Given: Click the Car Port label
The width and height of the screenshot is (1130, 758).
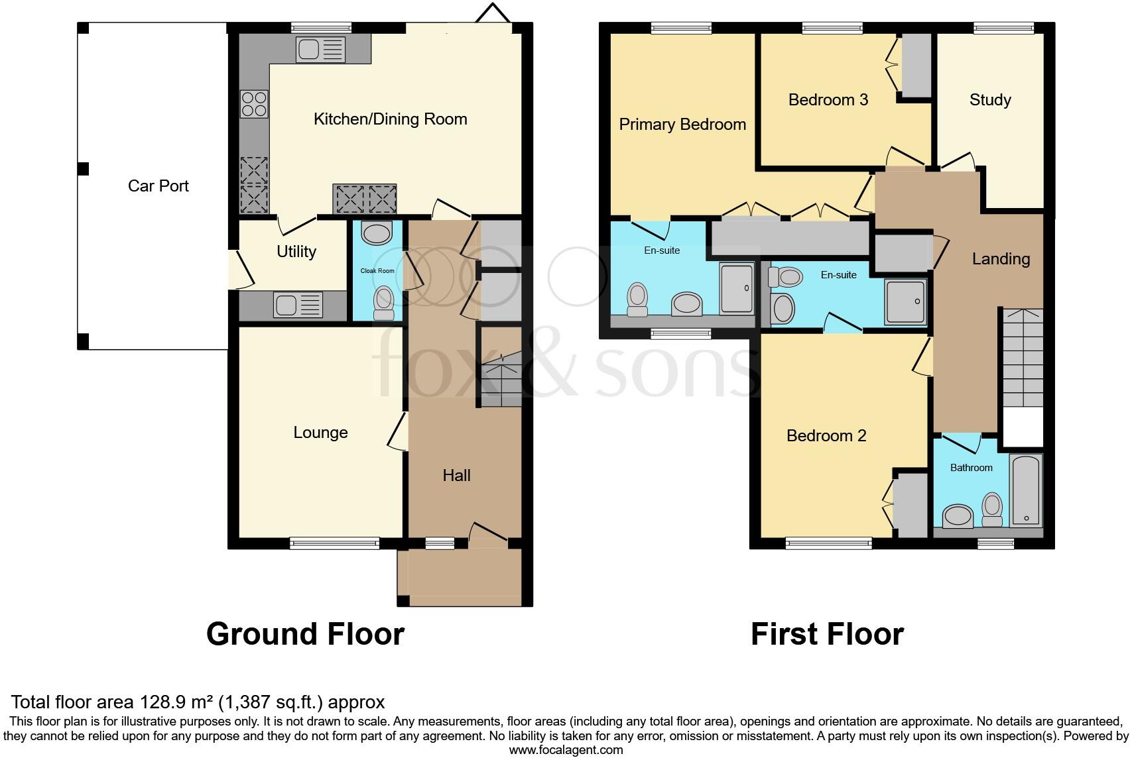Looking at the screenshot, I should pyautogui.click(x=158, y=186).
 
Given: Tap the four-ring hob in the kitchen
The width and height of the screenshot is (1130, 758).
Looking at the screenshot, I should pyautogui.click(x=254, y=104).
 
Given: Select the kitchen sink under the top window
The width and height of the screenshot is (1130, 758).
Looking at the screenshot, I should pyautogui.click(x=321, y=49).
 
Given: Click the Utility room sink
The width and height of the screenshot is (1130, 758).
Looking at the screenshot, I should pyautogui.click(x=298, y=306).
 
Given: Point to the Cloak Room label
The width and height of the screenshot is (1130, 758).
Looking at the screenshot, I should pyautogui.click(x=377, y=271).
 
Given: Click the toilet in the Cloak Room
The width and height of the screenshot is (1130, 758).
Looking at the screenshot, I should pyautogui.click(x=384, y=303).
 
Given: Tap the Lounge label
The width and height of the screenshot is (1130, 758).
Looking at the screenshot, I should pyautogui.click(x=320, y=433).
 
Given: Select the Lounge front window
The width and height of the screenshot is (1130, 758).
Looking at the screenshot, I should pyautogui.click(x=335, y=543).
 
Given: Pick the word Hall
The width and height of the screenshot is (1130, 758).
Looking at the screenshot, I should pyautogui.click(x=456, y=476).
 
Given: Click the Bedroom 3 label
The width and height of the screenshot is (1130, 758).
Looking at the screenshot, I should pyautogui.click(x=828, y=100).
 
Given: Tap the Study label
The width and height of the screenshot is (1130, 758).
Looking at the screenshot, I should pyautogui.click(x=989, y=100).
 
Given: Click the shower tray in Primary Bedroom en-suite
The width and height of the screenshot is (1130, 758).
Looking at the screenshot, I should pyautogui.click(x=737, y=288).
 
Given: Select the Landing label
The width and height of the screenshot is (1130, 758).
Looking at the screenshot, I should pyautogui.click(x=1001, y=259).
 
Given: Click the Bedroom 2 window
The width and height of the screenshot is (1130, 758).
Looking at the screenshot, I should pyautogui.click(x=828, y=543).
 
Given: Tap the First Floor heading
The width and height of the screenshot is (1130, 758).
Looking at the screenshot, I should pyautogui.click(x=827, y=634).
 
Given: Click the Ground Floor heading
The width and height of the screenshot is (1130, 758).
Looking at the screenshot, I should pyautogui.click(x=305, y=634).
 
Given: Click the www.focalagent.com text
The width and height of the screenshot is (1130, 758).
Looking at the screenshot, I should pyautogui.click(x=566, y=750).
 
